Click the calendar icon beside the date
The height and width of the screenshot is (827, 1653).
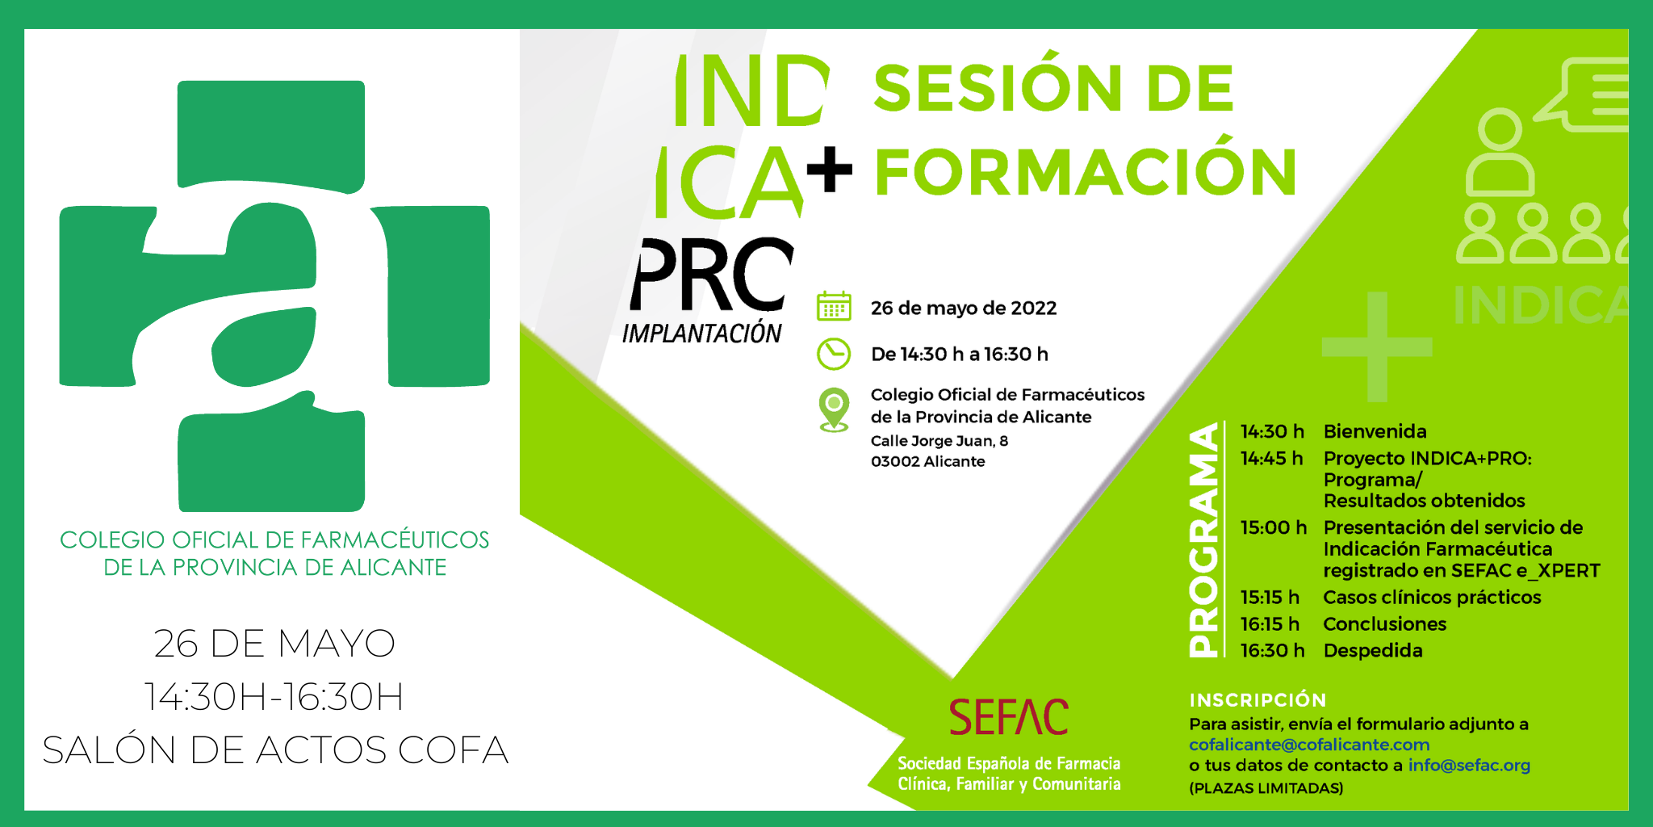coord(834,307)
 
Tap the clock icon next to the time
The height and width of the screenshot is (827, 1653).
coord(834,354)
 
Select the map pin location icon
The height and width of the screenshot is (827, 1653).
coord(834,409)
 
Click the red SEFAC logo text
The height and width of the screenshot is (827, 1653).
coord(1008,717)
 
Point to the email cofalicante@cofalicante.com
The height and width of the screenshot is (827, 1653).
coord(1309,745)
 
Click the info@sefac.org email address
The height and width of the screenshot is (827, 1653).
coord(1469,765)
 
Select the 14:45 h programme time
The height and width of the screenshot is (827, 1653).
coord(1271,458)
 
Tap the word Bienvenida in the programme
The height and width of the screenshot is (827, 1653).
coord(1375,431)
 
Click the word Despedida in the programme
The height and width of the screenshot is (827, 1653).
coord(1372,650)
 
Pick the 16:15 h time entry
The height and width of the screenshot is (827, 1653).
coord(1270,623)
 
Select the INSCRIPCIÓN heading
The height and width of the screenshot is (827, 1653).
coord(1258,700)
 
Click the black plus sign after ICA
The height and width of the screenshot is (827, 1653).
coord(829,169)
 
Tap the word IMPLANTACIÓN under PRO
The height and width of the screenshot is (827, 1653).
coord(701,333)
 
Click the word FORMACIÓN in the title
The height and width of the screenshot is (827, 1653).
coord(1086,172)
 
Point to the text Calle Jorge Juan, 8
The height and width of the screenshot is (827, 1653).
coord(939,441)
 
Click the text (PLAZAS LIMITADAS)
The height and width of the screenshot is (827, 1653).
coord(1266,788)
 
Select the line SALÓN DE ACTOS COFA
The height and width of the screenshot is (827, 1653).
coord(275,749)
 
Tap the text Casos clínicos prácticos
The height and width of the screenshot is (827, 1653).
coord(1432,597)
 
